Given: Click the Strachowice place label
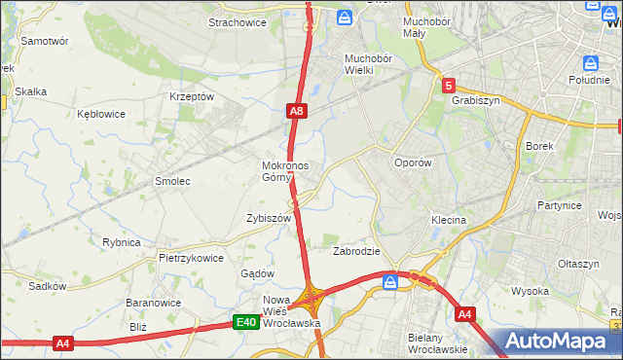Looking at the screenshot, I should click(x=238, y=22).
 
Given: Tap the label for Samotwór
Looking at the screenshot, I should click(x=44, y=42).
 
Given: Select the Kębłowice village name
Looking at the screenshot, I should click(x=101, y=114).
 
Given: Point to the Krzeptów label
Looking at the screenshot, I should click(x=191, y=96).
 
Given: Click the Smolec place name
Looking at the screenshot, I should click(x=172, y=181).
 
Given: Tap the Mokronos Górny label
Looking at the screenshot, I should click(x=285, y=170).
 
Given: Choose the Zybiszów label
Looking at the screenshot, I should click(x=269, y=219).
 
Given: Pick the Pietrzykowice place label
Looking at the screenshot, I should click(x=192, y=258).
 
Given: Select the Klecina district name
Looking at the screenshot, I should click(x=449, y=220).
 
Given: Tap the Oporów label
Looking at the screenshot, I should click(x=412, y=162).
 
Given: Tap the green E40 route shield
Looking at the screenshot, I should click(x=246, y=322).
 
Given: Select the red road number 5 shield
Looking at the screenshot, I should click(x=448, y=86).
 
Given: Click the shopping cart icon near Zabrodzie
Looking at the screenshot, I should click(x=390, y=282).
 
